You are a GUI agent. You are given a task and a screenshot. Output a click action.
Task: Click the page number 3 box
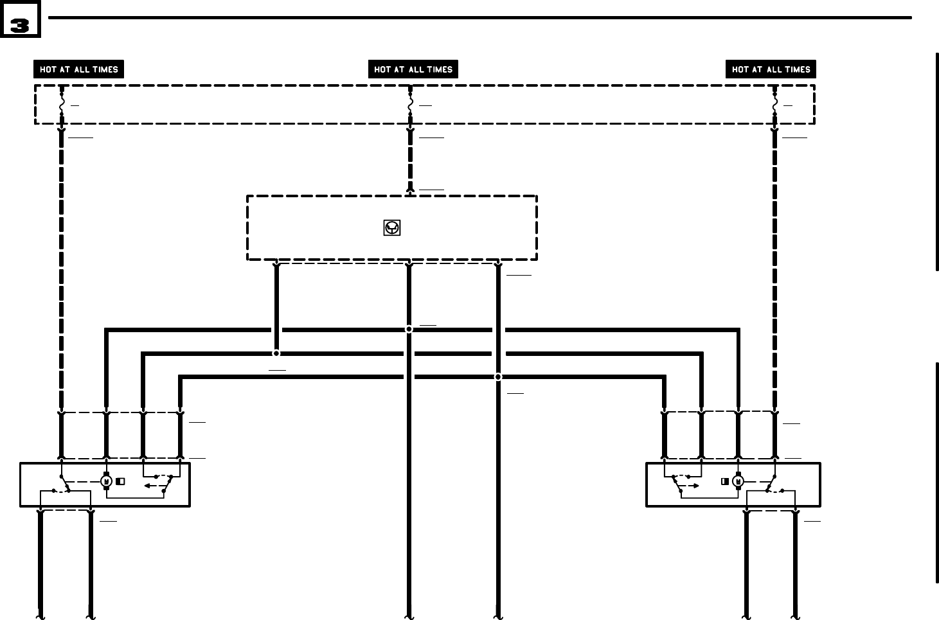(x=20, y=20)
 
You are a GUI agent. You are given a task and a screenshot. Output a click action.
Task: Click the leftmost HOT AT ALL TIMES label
(x=78, y=69)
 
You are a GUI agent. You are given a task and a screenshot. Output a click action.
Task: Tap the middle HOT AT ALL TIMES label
(x=413, y=69)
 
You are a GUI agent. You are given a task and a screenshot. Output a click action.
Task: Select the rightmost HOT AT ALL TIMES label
(x=771, y=69)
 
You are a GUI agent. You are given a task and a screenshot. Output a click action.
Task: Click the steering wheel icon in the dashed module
(x=392, y=228)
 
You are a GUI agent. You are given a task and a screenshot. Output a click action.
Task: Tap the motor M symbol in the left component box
(x=107, y=481)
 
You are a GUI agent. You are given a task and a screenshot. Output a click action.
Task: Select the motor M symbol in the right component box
(x=738, y=481)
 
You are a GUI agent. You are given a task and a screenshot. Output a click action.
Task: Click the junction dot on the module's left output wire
(x=276, y=353)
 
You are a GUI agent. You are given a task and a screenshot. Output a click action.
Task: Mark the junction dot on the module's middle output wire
(x=409, y=330)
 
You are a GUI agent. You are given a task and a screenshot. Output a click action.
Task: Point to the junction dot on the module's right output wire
(x=498, y=377)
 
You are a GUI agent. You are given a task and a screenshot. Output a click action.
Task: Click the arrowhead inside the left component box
(x=148, y=486)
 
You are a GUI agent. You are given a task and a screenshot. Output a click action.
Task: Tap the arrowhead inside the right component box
(x=695, y=486)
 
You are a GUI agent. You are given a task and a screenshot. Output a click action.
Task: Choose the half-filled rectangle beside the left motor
(x=120, y=481)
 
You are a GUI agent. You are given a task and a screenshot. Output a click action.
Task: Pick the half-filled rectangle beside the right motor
(x=725, y=481)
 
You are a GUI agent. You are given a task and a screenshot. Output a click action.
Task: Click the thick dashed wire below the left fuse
(x=62, y=270)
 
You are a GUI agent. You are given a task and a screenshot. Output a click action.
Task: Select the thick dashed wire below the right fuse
(x=774, y=270)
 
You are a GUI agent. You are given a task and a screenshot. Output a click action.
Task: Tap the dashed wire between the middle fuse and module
(x=410, y=161)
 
